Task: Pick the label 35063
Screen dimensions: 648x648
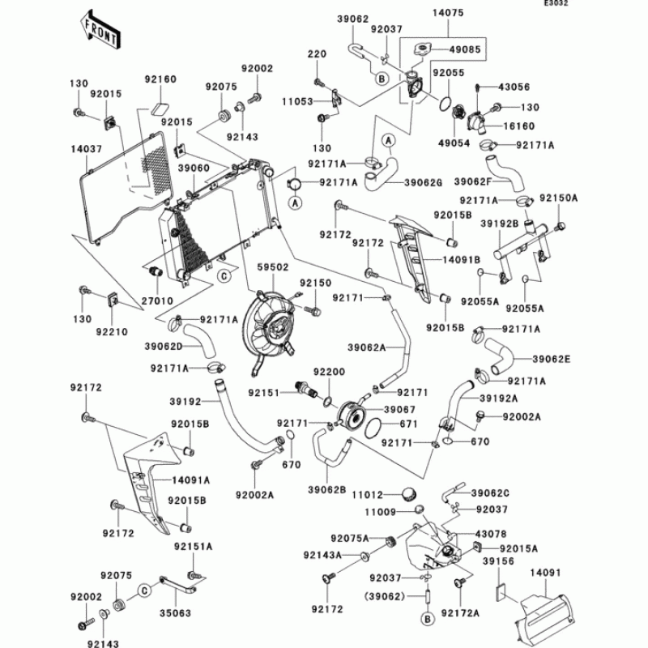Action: click(x=175, y=613)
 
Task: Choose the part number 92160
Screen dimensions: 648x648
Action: click(x=160, y=79)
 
